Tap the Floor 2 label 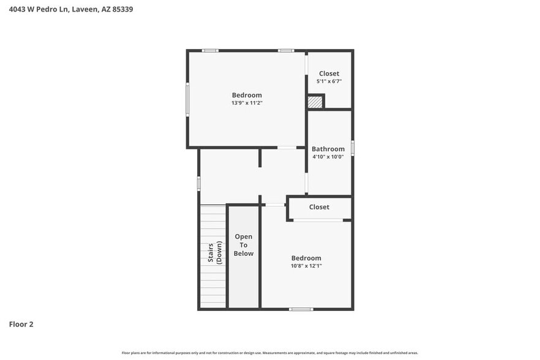21,324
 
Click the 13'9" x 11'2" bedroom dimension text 247,103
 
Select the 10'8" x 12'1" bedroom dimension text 306,266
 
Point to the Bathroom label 328,149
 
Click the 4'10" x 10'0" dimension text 328,157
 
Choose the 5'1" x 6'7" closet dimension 329,81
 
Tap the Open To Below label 243,245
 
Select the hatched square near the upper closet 315,102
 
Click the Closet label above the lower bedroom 319,207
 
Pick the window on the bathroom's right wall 353,148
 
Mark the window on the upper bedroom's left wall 187,99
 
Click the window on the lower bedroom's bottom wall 301,309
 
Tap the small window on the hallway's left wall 198,182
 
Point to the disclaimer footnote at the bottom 270,353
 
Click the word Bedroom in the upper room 247,95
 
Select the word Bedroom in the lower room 306,258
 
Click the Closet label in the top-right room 329,73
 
